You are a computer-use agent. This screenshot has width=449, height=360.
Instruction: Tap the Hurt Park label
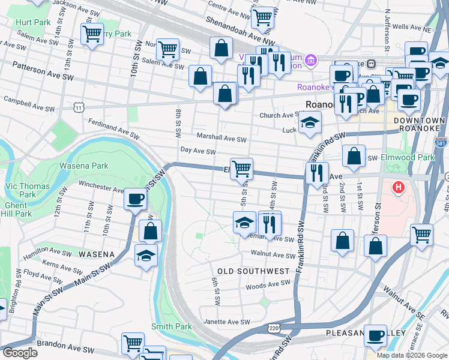pos(33,22)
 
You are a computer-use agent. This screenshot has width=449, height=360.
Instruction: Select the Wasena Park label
pos(91,166)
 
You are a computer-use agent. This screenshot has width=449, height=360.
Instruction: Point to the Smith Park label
pos(171,326)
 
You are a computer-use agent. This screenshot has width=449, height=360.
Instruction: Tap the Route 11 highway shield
pos(79,107)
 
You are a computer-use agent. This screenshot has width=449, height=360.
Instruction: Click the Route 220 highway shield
pos(274,328)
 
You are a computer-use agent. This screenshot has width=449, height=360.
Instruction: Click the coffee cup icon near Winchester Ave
pos(134,199)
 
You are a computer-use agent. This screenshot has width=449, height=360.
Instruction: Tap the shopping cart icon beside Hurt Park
pos(92,34)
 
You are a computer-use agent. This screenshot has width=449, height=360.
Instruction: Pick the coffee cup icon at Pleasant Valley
pos(376,336)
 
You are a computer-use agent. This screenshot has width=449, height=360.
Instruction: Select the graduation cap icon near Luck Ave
pos(310,124)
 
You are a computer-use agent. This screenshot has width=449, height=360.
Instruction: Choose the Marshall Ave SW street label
pos(222,138)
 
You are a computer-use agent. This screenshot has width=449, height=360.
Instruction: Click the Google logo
pos(20,353)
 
